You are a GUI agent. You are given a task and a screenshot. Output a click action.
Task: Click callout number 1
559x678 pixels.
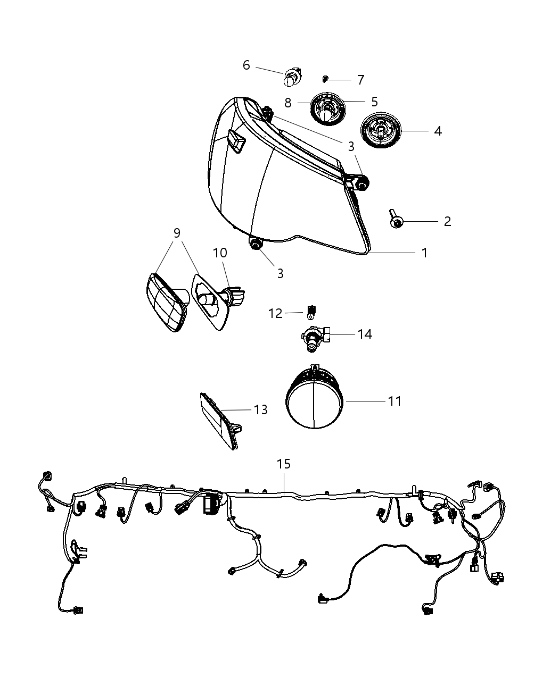tap(424, 253)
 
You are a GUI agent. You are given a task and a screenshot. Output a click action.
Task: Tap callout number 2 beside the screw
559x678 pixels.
tap(447, 221)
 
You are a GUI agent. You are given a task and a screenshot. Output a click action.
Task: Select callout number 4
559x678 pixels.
tap(438, 130)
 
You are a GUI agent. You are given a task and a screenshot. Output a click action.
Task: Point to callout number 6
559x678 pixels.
tap(246, 65)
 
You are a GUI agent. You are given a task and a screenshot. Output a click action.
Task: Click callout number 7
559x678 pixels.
tap(360, 80)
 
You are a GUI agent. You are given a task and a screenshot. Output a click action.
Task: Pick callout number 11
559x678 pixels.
tap(394, 400)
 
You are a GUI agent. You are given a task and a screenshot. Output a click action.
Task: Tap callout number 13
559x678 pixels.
tap(260, 409)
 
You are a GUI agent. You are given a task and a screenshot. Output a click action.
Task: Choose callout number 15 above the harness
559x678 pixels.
tap(284, 464)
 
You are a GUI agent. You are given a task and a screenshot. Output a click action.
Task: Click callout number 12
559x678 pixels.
tap(275, 313)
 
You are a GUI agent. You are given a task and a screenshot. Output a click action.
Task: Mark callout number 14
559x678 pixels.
tap(365, 334)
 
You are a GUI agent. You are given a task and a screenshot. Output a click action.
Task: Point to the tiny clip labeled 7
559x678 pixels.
tap(325, 79)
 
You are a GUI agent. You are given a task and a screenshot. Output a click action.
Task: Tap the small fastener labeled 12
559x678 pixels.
tap(313, 311)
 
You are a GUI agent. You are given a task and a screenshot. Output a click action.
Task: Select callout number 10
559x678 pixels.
tap(220, 253)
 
